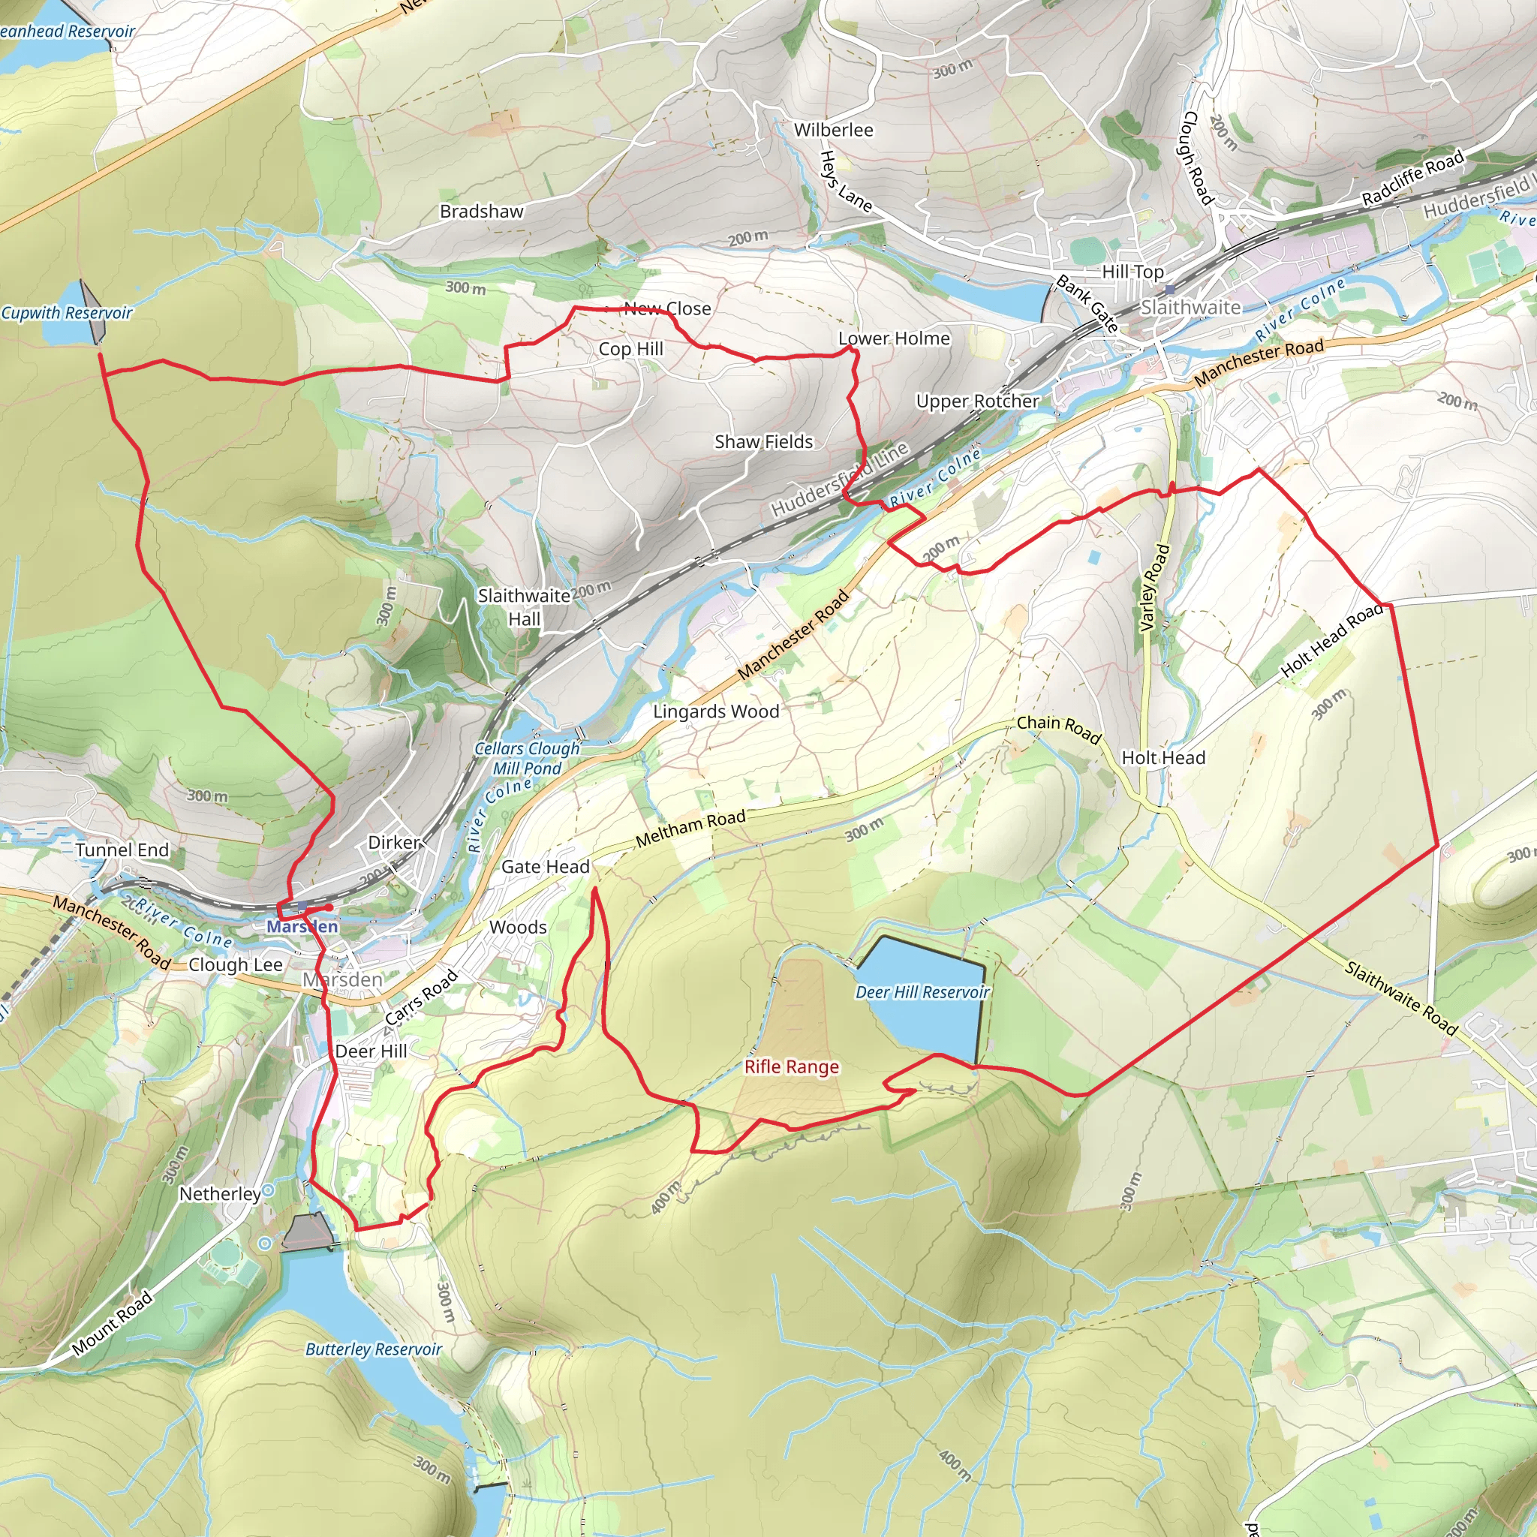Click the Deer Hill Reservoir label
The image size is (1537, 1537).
pyautogui.click(x=922, y=992)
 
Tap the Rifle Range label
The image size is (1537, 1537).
pyautogui.click(x=792, y=1067)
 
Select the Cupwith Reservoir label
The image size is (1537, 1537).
pyautogui.click(x=67, y=313)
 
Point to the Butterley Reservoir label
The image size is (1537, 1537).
pyautogui.click(x=373, y=1349)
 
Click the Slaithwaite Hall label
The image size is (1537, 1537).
pyautogui.click(x=525, y=607)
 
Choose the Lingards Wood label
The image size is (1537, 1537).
pyautogui.click(x=716, y=711)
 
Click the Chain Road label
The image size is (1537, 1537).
pyautogui.click(x=1059, y=729)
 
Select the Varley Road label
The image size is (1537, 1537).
pyautogui.click(x=1155, y=588)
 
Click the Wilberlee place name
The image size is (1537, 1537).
pyautogui.click(x=833, y=130)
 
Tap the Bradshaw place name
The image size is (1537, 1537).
pyautogui.click(x=481, y=212)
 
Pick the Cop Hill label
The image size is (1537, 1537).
pyautogui.click(x=631, y=348)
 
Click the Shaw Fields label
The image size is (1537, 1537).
pyautogui.click(x=764, y=441)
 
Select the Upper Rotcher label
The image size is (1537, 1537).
pyautogui.click(x=977, y=401)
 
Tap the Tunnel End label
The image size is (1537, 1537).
pyautogui.click(x=122, y=850)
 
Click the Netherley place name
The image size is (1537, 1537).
pyautogui.click(x=220, y=1194)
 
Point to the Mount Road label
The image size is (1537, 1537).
pyautogui.click(x=112, y=1324)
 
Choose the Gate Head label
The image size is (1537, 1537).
pyautogui.click(x=545, y=866)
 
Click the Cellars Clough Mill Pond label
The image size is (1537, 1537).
pyautogui.click(x=527, y=758)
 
